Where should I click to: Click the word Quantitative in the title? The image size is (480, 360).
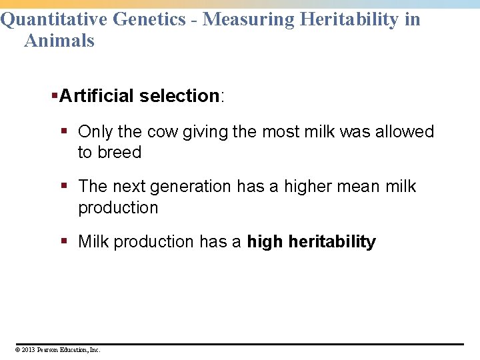(55, 19)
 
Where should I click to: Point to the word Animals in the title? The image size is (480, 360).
(59, 41)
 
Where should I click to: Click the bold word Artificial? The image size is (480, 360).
(97, 96)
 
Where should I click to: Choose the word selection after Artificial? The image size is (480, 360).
(179, 96)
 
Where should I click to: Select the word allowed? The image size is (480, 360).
(404, 132)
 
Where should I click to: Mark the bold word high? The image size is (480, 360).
(265, 242)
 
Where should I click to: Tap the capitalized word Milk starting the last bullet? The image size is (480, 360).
(93, 242)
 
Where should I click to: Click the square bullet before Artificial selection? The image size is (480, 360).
(55, 96)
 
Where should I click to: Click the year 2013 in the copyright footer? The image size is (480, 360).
(29, 349)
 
